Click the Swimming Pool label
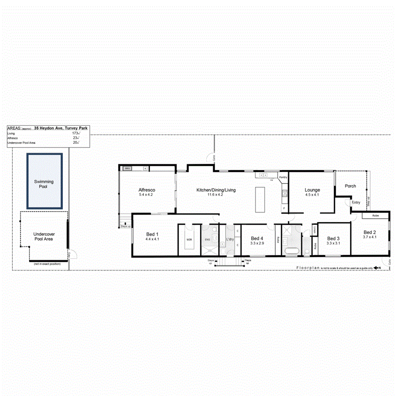[44, 184]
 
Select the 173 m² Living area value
[76, 133]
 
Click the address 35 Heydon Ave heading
[61, 128]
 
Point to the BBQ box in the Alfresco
[127, 168]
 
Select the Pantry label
[283, 177]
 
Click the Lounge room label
[312, 190]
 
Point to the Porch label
[350, 186]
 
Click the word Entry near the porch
[356, 202]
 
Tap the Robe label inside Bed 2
[375, 216]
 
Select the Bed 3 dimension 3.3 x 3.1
[333, 243]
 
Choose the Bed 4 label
[257, 238]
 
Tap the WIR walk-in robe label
[189, 240]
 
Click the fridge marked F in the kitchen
[284, 207]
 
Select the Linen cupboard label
[315, 230]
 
